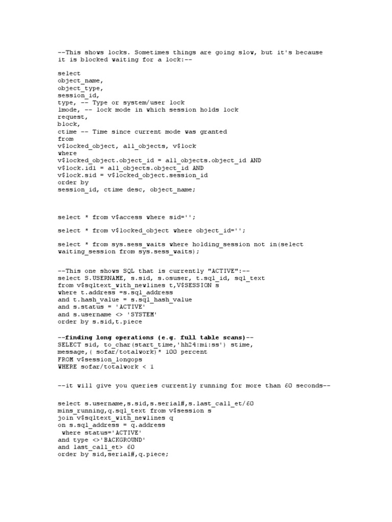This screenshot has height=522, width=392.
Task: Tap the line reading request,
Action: tap(72, 117)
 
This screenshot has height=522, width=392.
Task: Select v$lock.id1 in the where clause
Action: tap(78, 168)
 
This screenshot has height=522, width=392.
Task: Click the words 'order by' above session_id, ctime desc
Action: tap(73, 182)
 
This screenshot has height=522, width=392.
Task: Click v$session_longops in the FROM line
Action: tap(108, 359)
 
